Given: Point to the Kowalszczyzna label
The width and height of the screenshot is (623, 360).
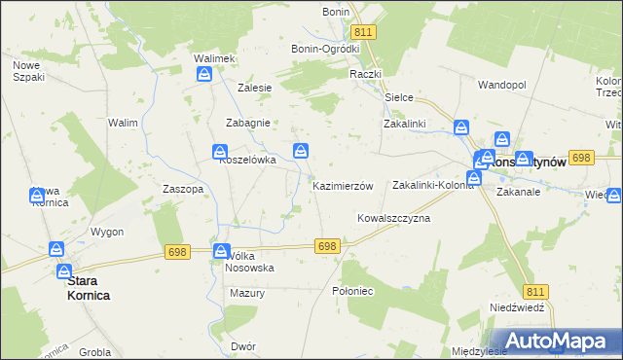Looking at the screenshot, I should tap(393, 219).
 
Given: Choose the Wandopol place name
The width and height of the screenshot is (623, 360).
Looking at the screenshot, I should tap(501, 85).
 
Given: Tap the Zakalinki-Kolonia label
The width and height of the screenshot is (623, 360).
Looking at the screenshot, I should tap(431, 185).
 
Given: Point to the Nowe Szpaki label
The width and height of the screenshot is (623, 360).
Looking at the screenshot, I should tap(26, 71).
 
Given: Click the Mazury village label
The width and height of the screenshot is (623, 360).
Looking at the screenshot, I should tap(248, 292).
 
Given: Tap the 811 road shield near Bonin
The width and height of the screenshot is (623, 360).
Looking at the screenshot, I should tap(363, 32).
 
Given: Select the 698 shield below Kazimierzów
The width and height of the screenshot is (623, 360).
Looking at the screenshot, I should tap(327, 247).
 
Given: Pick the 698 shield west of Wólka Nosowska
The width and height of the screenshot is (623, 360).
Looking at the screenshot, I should tap(177, 252).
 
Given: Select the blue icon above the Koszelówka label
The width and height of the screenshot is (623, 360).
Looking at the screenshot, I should tap(222, 151).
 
